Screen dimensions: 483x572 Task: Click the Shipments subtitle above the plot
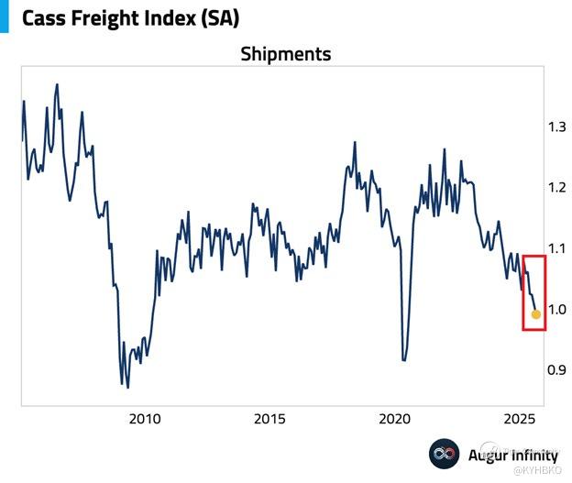pyautogui.click(x=285, y=54)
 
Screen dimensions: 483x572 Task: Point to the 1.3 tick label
pyautogui.click(x=556, y=126)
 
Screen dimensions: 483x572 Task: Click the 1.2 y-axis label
pyautogui.click(x=556, y=187)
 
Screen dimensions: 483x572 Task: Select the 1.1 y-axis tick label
pyautogui.click(x=556, y=248)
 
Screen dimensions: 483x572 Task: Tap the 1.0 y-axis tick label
pyautogui.click(x=556, y=309)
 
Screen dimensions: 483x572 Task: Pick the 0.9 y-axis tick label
pyautogui.click(x=556, y=370)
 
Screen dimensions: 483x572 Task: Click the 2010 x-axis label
pyautogui.click(x=144, y=420)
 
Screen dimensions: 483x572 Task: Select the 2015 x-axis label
pyautogui.click(x=269, y=420)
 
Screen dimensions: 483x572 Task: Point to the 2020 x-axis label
pyautogui.click(x=394, y=420)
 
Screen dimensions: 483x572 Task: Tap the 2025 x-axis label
pyautogui.click(x=519, y=420)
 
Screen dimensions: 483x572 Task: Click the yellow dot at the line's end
pyautogui.click(x=536, y=314)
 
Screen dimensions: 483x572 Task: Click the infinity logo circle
pyautogui.click(x=445, y=454)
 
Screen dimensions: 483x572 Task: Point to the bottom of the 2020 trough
pyautogui.click(x=405, y=360)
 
